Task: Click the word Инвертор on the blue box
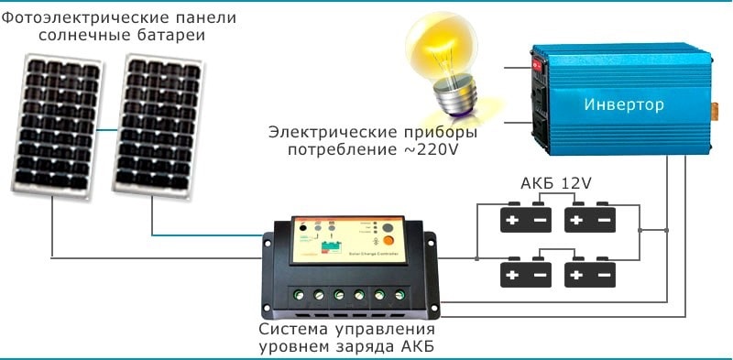[x=624, y=105]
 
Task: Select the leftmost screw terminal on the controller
[x=297, y=295]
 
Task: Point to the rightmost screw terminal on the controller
[x=400, y=295]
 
